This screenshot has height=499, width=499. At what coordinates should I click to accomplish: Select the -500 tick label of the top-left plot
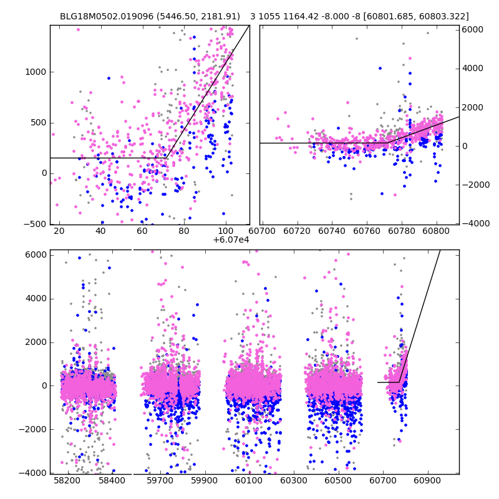[35, 225]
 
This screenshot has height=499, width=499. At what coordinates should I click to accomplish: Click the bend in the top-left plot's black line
[167, 158]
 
